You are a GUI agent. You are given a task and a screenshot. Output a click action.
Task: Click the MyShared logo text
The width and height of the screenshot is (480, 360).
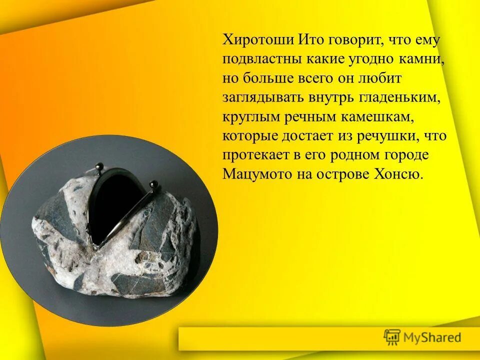432,337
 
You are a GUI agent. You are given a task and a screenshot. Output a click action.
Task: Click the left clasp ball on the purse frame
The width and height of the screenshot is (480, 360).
99,165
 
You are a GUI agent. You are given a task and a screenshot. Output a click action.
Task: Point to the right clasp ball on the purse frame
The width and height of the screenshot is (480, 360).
154,184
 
